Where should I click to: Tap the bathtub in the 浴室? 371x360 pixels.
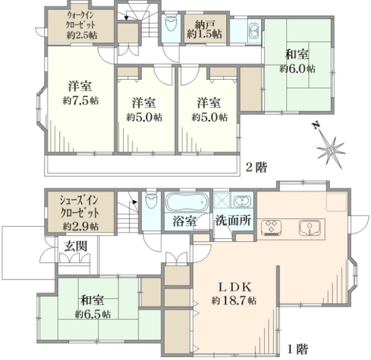click(187, 202)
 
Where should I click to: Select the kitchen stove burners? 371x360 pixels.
click(271, 228)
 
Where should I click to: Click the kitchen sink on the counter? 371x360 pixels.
click(309, 228)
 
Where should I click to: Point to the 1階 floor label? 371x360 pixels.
click(297, 349)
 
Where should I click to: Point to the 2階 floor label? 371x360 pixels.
click(257, 168)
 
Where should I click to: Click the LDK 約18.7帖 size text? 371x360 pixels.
click(234, 301)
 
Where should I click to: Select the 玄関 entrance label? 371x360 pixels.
click(76, 246)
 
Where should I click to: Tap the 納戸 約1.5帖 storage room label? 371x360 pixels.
click(205, 29)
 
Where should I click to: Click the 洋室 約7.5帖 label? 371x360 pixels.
click(80, 93)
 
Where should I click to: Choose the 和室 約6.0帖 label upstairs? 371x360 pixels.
click(297, 61)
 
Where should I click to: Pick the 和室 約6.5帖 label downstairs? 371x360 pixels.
click(93, 307)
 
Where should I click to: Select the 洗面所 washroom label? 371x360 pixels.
click(233, 221)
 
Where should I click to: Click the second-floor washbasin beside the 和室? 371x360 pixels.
click(254, 30)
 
